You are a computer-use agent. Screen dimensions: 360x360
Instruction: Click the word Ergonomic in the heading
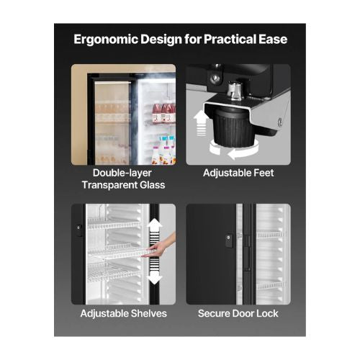[106, 40]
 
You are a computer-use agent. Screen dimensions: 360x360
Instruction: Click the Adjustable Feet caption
[238, 173]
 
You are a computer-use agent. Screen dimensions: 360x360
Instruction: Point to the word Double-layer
[122, 174]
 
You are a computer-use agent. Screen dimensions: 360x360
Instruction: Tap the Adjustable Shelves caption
[124, 313]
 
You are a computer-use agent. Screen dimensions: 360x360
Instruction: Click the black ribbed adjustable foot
[233, 130]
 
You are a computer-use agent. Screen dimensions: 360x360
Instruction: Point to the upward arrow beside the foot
[201, 123]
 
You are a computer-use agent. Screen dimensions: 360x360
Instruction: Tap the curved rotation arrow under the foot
[234, 151]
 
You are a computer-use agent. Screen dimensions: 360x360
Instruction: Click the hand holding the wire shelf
[161, 246]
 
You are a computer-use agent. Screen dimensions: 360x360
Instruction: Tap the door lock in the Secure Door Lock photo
[229, 240]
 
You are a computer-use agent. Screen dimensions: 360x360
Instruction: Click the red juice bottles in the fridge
[164, 113]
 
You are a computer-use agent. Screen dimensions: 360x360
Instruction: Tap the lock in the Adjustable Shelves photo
[78, 230]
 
